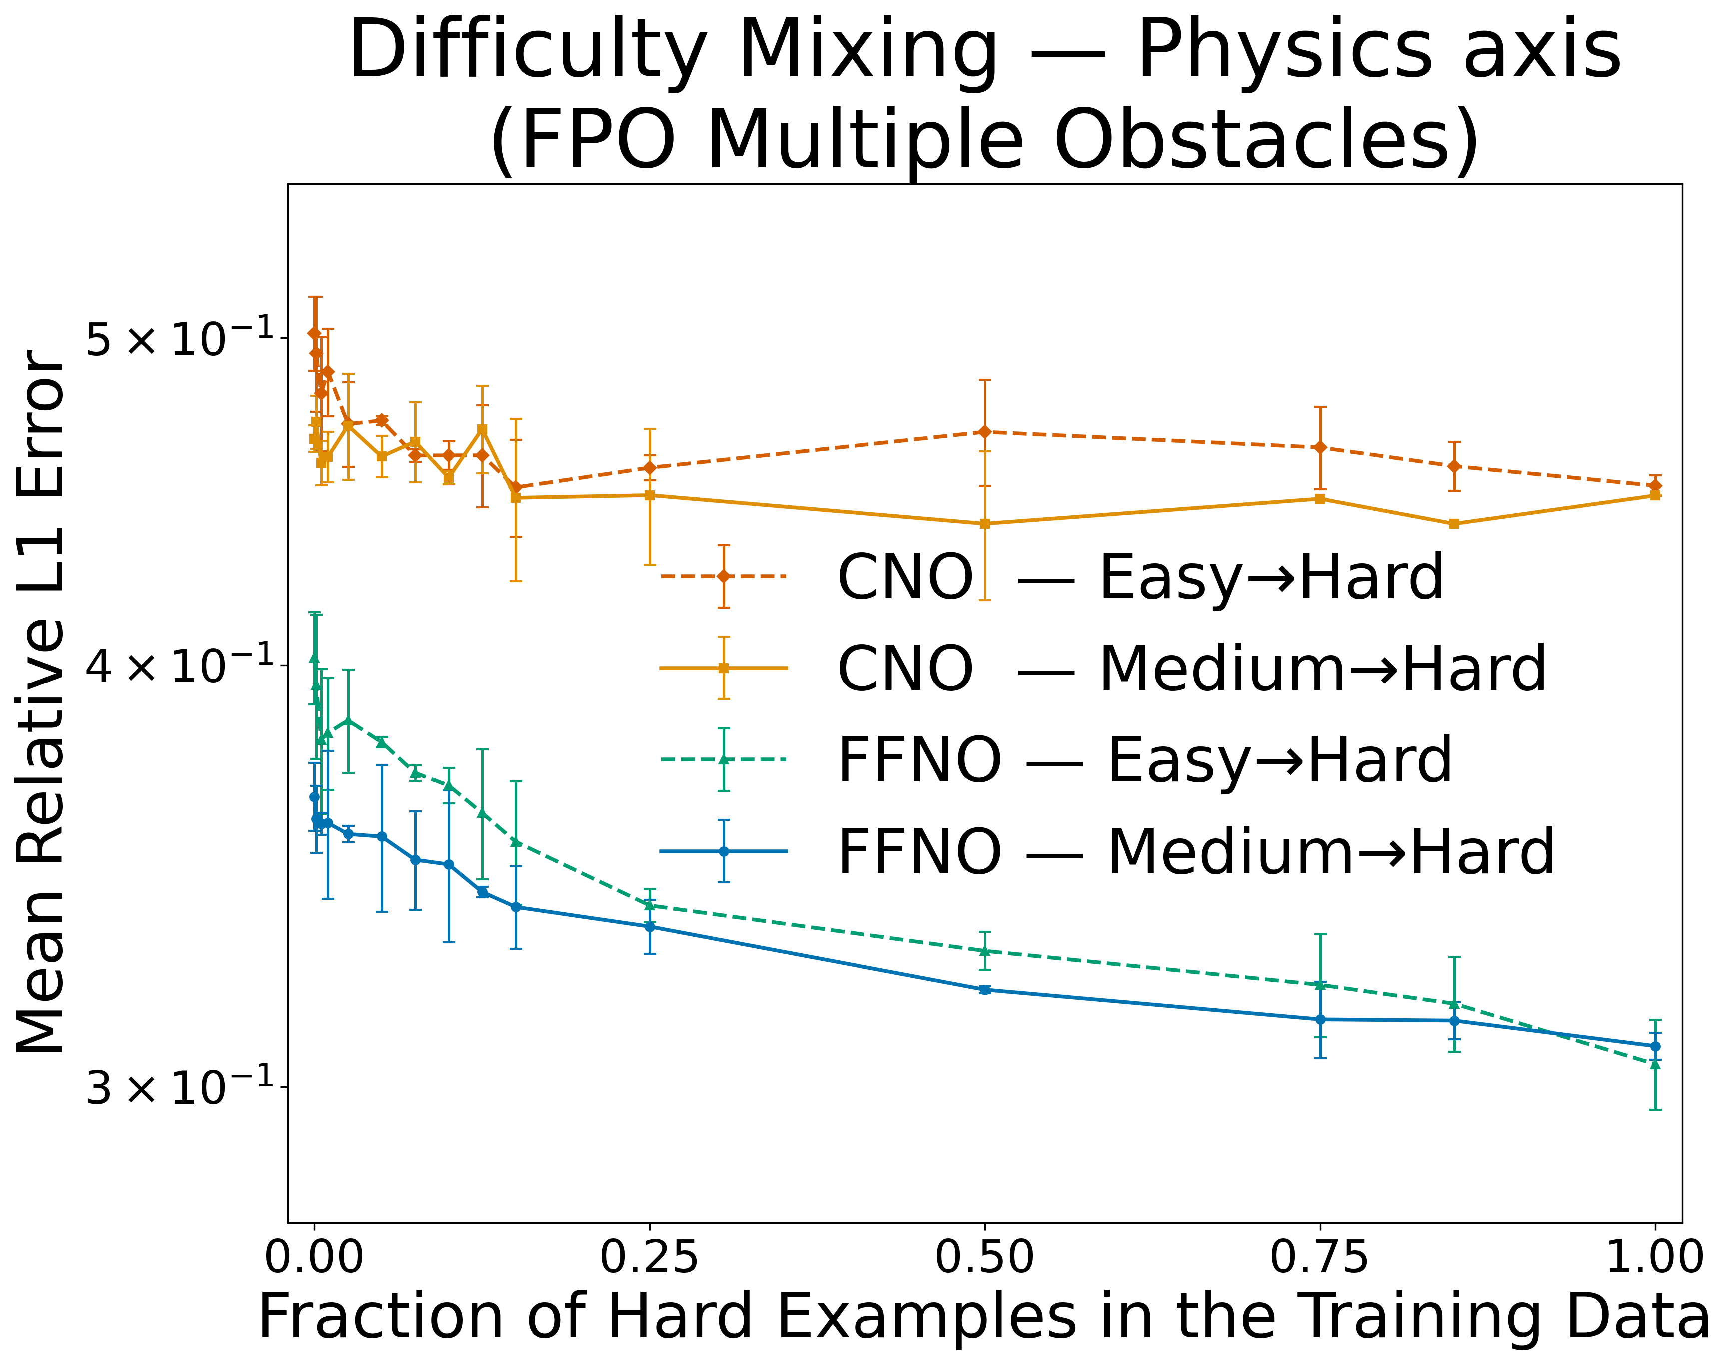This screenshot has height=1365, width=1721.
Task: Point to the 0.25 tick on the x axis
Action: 649,1259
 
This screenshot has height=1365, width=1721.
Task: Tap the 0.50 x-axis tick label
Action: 984,1259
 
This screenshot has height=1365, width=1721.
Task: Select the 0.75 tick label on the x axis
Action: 1320,1259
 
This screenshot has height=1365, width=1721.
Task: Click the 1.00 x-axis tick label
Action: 1654,1259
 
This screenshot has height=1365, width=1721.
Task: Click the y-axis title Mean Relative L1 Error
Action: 41,702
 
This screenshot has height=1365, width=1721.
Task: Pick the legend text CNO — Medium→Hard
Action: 1191,669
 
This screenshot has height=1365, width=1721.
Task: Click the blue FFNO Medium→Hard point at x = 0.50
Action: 984,990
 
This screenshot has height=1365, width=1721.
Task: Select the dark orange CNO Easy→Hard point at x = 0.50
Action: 984,432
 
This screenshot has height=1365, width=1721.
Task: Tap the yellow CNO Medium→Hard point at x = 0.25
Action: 650,495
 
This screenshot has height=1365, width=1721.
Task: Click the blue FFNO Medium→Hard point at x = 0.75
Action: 1320,1019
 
